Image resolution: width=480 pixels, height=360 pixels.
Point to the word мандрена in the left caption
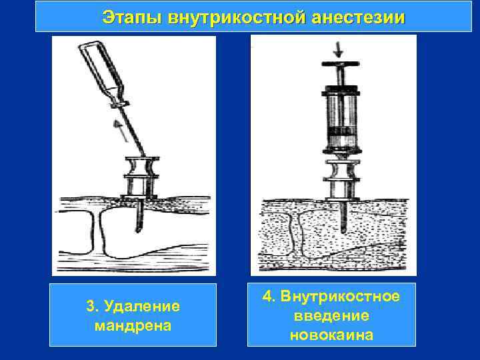click(133, 326)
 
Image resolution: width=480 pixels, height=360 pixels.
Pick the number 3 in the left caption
click(90, 307)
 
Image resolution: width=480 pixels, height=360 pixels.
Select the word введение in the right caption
click(331, 315)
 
